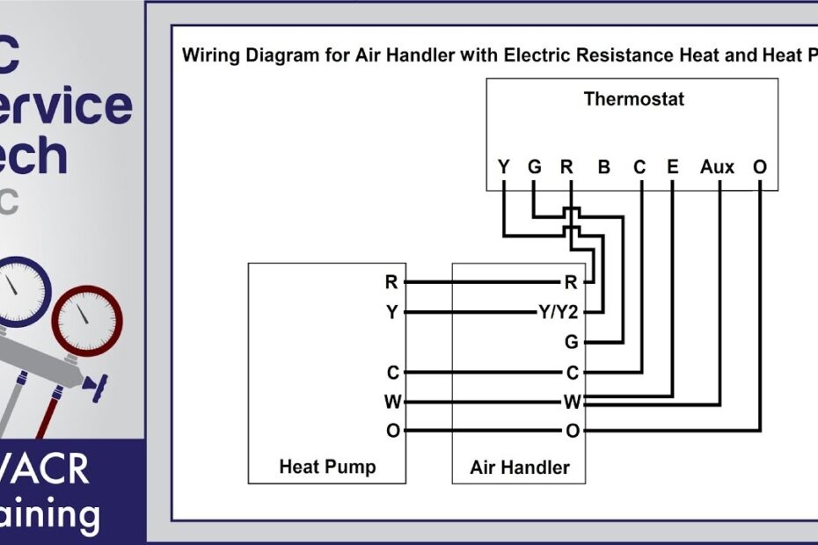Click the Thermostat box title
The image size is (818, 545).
[633, 98]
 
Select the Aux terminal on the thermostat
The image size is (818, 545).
[717, 166]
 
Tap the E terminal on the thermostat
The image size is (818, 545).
[673, 166]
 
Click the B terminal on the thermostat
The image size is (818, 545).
[604, 166]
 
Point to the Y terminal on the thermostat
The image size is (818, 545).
[503, 166]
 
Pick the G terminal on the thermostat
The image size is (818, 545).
[534, 166]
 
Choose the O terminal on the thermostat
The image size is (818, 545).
[760, 166]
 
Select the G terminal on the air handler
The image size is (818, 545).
[572, 341]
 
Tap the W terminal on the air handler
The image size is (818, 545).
[572, 403]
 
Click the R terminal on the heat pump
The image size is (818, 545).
[391, 282]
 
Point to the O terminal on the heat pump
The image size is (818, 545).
[391, 431]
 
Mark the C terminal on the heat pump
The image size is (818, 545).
[392, 373]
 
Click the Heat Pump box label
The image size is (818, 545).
[326, 467]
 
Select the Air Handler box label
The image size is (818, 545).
[520, 467]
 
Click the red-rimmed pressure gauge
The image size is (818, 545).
[84, 318]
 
